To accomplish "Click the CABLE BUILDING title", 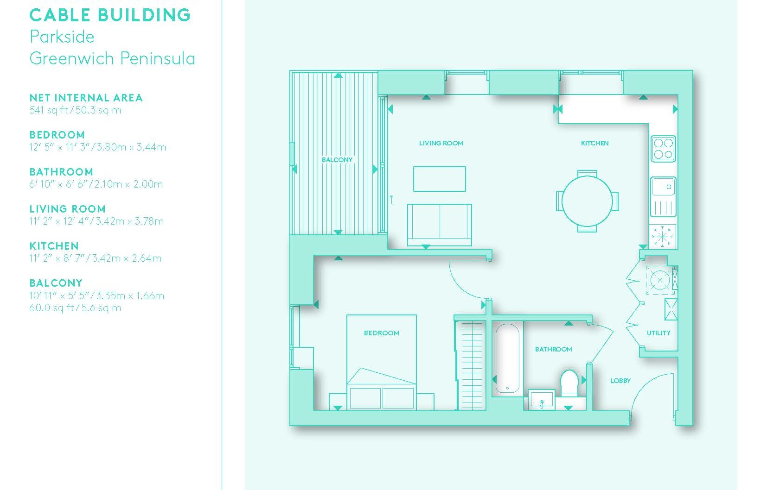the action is tap(110, 15).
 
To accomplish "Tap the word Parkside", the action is tap(62, 37).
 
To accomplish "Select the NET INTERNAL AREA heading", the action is tap(86, 98).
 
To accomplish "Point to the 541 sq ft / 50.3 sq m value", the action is tap(75, 110).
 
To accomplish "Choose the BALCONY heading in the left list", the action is tap(56, 283).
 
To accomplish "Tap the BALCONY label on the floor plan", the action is tap(337, 160).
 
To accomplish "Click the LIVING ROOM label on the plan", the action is tap(441, 143).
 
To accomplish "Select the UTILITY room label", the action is tap(658, 333).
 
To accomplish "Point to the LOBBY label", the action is tap(620, 381).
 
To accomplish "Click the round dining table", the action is tap(587, 201).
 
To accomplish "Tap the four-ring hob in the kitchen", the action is tap(663, 149).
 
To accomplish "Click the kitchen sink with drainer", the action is tap(663, 197).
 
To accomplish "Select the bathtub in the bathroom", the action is tap(507, 358).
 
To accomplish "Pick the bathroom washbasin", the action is tap(541, 399).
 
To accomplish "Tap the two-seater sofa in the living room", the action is tap(439, 225).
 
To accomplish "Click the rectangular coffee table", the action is tap(439, 179).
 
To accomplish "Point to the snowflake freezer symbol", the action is tap(662, 236).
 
